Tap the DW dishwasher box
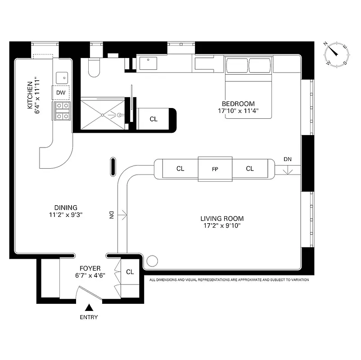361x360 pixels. point(61,93)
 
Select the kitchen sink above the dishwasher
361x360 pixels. point(62,77)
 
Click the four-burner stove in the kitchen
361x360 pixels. point(62,111)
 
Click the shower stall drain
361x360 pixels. point(103,115)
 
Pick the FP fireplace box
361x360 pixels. point(215,169)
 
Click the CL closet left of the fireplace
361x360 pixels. point(180,169)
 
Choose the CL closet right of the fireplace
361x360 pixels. point(250,169)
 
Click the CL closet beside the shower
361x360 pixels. point(153,119)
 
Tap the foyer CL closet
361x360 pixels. point(130,272)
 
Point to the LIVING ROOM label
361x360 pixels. point(222,219)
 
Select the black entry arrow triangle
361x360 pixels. point(89,308)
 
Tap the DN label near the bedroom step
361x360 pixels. point(287,159)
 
